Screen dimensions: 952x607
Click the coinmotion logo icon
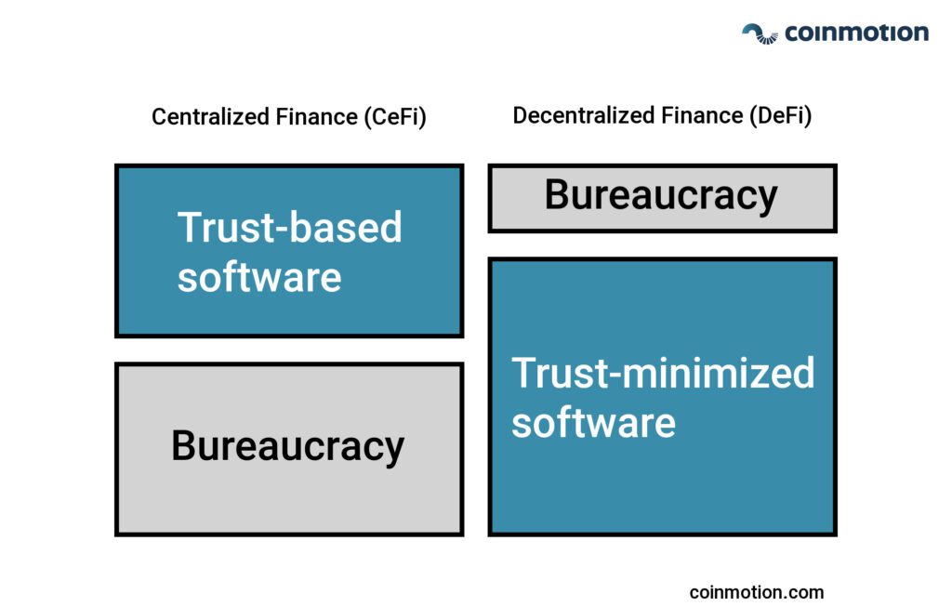[x=760, y=34]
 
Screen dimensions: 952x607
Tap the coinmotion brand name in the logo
[x=856, y=33]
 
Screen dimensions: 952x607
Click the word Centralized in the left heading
[x=211, y=116]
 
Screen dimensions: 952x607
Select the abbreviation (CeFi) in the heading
[x=395, y=116]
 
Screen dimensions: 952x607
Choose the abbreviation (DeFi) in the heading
[x=781, y=115]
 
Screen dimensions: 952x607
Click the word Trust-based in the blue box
[x=290, y=227]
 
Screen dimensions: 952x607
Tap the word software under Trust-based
[x=259, y=277]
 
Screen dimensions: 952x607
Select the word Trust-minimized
[x=663, y=373]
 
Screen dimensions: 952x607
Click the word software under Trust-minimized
[x=593, y=423]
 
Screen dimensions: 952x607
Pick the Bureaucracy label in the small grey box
[x=661, y=195]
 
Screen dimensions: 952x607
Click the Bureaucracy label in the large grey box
[x=288, y=446]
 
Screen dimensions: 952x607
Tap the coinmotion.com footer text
[x=757, y=592]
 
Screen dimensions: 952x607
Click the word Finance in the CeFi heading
[x=316, y=116]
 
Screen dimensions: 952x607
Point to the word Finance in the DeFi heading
[x=702, y=115]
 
